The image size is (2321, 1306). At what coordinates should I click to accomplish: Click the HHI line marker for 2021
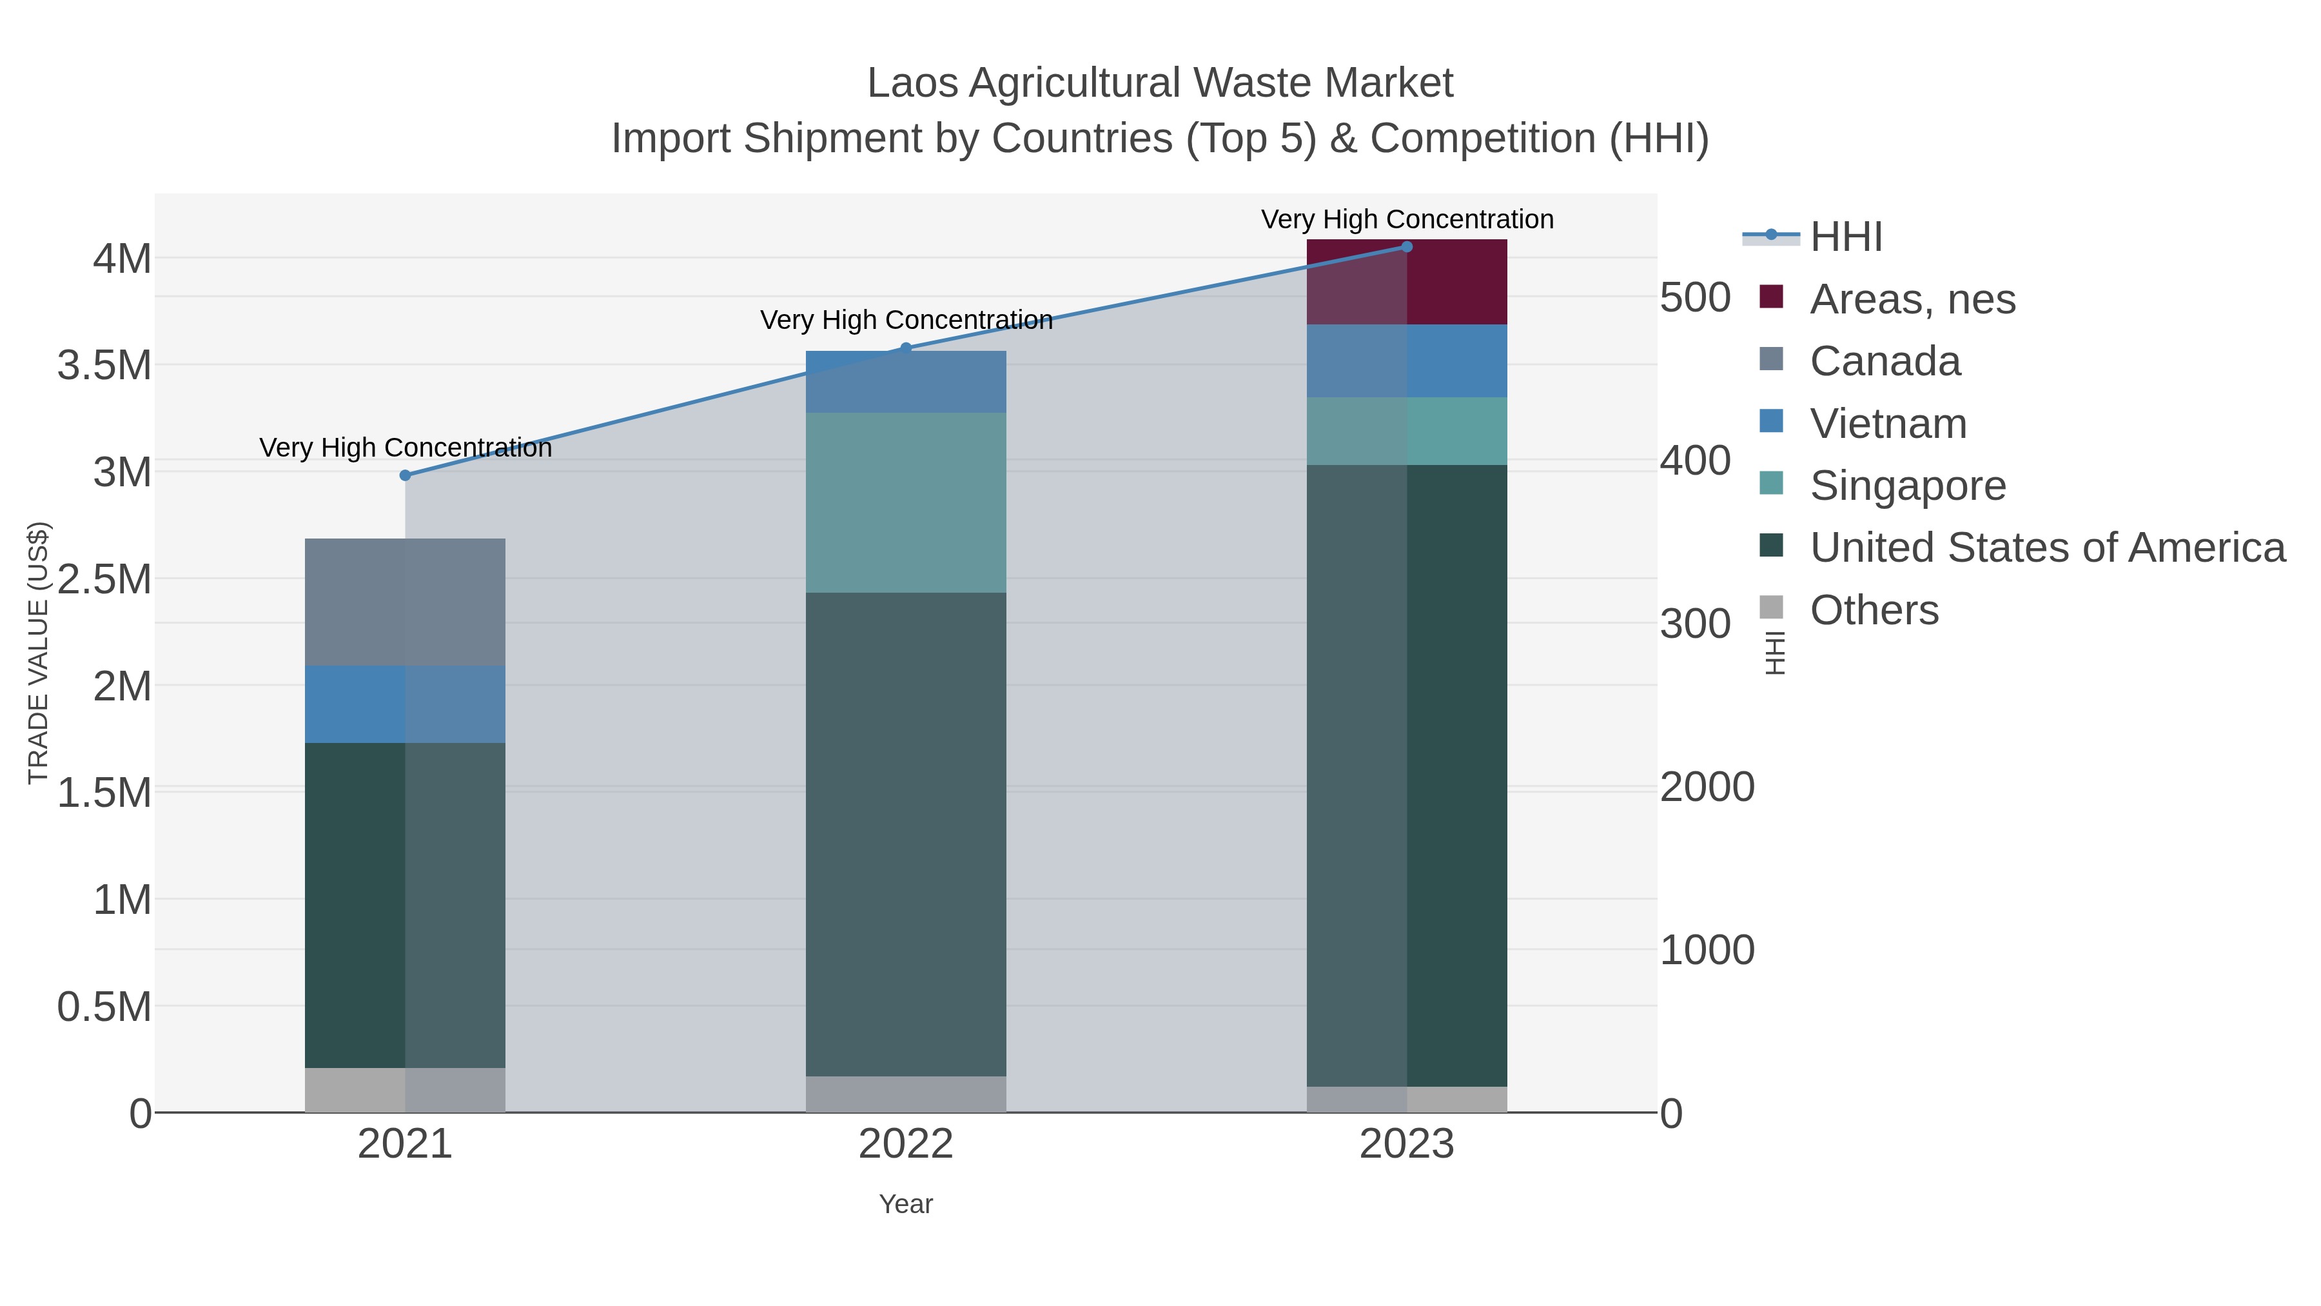pyautogui.click(x=404, y=475)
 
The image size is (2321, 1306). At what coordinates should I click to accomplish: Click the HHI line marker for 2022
pyautogui.click(x=906, y=348)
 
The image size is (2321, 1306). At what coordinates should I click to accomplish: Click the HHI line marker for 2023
pyautogui.click(x=1407, y=247)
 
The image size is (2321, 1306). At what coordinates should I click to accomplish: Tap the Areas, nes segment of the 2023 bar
pyautogui.click(x=1407, y=281)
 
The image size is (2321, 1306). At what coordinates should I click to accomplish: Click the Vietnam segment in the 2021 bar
pyautogui.click(x=404, y=704)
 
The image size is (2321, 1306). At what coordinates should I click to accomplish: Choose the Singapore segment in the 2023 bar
pyautogui.click(x=1407, y=431)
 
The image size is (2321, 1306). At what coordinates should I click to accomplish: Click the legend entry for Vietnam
pyautogui.click(x=1888, y=424)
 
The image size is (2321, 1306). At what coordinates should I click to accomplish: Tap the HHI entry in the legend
pyautogui.click(x=1845, y=237)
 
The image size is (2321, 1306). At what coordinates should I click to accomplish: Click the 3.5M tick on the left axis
pyautogui.click(x=104, y=366)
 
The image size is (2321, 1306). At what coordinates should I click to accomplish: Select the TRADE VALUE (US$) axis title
pyautogui.click(x=38, y=653)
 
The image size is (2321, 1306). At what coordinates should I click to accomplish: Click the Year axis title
pyautogui.click(x=906, y=1204)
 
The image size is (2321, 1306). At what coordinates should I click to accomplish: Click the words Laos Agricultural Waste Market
pyautogui.click(x=1160, y=83)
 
